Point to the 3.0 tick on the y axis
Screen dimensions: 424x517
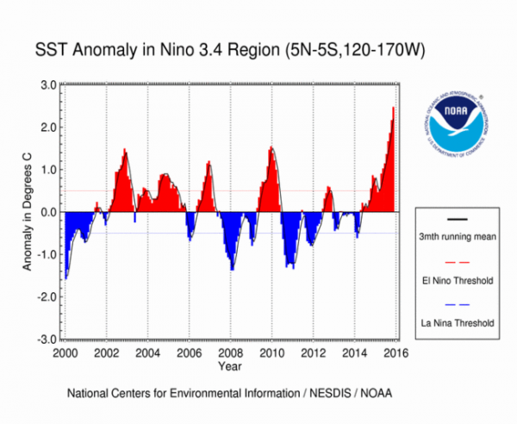point(48,84)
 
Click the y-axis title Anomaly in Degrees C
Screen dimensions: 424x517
point(28,212)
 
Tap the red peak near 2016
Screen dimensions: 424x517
point(393,109)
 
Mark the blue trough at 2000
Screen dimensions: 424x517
point(66,277)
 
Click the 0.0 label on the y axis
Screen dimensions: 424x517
point(48,212)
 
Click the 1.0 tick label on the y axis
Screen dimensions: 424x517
point(48,170)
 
